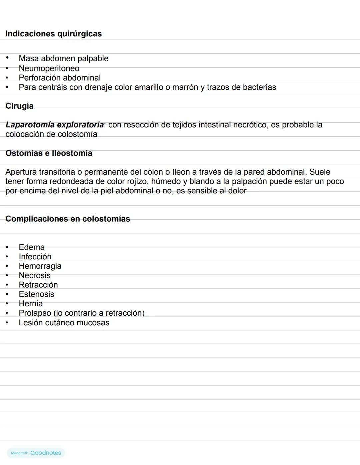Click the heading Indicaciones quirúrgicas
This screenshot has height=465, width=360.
point(53,34)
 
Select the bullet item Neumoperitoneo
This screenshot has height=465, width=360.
point(49,68)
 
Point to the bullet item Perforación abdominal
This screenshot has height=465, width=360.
point(59,78)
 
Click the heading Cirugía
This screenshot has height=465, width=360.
point(19,106)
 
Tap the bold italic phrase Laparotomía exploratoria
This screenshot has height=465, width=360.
point(54,125)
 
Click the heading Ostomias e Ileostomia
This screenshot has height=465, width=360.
point(49,153)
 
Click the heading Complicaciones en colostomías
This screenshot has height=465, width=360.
point(68,219)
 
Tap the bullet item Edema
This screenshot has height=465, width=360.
point(32,247)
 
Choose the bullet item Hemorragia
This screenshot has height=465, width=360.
point(40,266)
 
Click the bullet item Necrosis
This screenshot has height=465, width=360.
point(35,275)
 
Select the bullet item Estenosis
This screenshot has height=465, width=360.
point(36,294)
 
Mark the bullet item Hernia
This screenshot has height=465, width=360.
point(31,304)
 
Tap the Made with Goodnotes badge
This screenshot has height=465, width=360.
point(36,453)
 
